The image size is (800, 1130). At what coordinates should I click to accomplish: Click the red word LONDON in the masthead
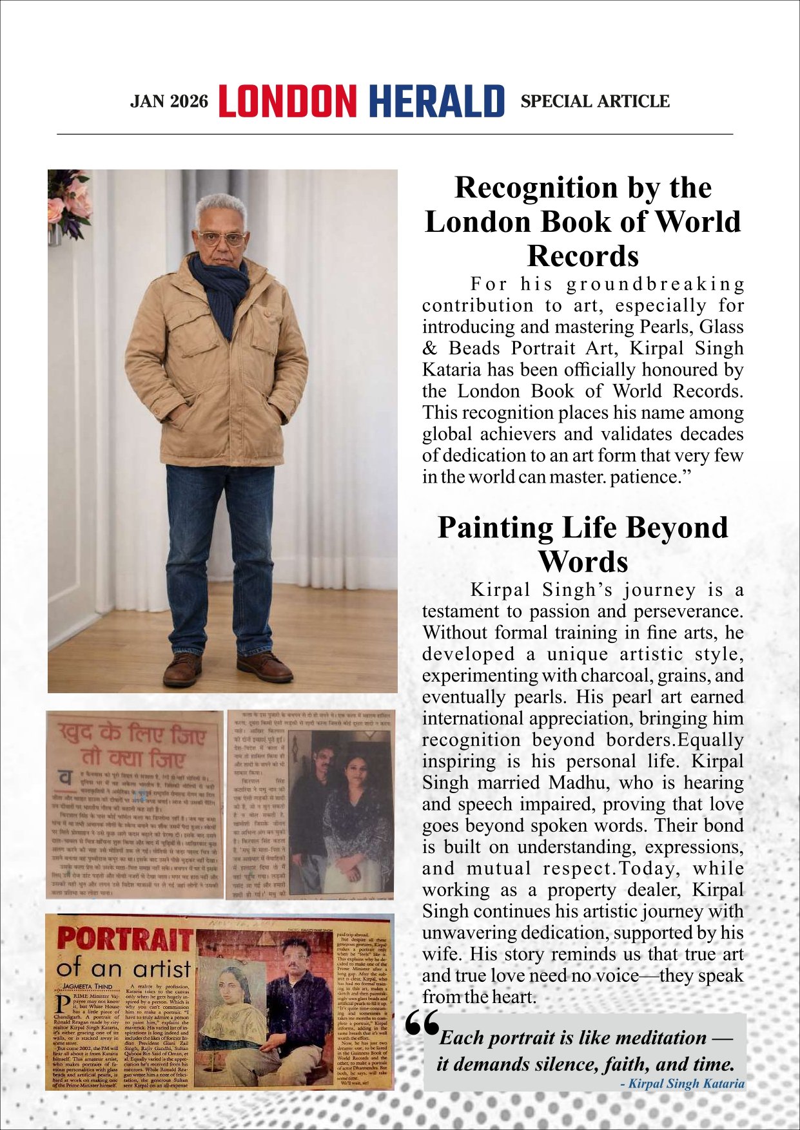tap(288, 101)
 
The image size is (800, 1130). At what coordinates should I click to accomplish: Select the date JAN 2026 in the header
tap(170, 102)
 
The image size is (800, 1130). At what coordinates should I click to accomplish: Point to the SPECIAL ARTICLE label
tap(594, 102)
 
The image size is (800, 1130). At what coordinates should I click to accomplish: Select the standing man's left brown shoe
tap(264, 667)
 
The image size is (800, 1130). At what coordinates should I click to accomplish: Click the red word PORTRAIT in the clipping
tap(125, 940)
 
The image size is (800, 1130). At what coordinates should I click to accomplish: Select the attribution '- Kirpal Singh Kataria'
tap(682, 1084)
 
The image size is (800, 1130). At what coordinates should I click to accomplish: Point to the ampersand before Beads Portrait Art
tap(429, 349)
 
